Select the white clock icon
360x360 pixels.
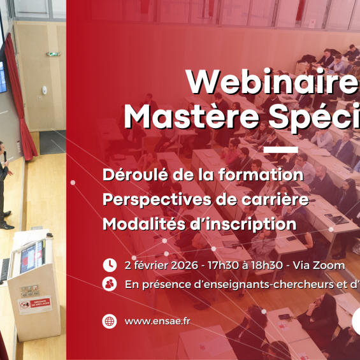(110, 264)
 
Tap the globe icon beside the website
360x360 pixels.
(110, 321)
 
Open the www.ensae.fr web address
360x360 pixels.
(157, 321)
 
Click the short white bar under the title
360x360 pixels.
(280, 150)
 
